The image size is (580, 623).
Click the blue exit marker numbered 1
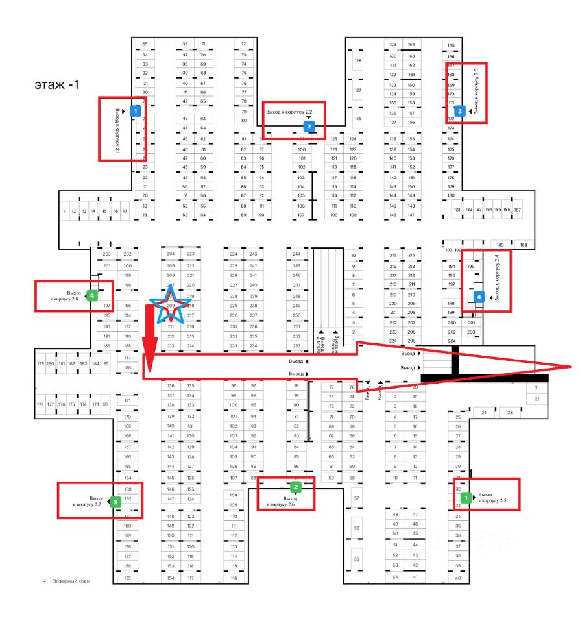coord(135,111)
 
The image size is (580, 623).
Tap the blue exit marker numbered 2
coord(309,127)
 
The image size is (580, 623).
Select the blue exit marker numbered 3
coord(460,111)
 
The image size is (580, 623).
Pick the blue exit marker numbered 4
coord(479,296)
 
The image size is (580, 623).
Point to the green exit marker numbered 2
coord(296,486)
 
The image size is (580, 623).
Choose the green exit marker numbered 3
coord(115,502)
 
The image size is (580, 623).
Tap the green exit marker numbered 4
coord(92,295)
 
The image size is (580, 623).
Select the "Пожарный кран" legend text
coord(71,581)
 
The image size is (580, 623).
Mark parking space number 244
coord(297,254)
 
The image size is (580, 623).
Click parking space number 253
coord(297,346)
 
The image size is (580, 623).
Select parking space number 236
coord(253,326)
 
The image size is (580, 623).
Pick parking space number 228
coord(234,296)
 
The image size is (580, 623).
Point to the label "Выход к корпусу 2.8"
coord(65,295)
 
